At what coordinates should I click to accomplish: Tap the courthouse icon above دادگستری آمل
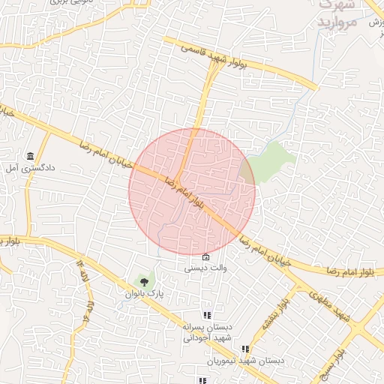tap(30, 156)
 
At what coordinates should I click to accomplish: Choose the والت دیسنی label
tap(206, 268)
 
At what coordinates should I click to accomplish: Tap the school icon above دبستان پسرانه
tap(206, 316)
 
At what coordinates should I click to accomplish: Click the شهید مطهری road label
tap(335, 311)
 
